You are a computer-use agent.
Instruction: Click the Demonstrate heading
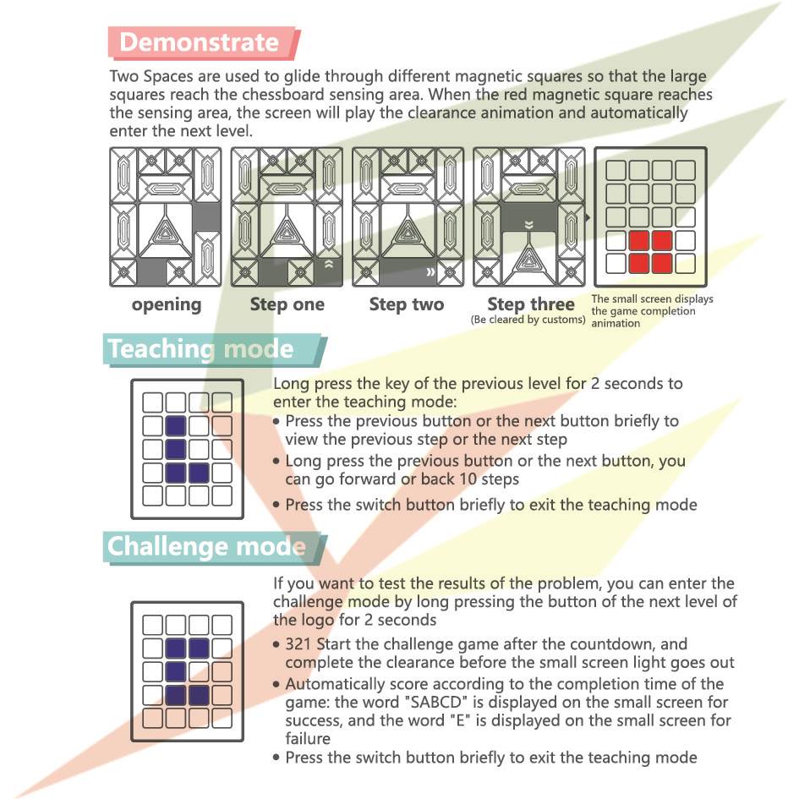coord(200,42)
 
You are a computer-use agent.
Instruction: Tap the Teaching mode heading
coord(200,349)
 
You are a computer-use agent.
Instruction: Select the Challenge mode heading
coord(206,547)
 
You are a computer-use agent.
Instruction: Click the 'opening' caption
coord(166,304)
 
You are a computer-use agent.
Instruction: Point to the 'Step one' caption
coord(287,304)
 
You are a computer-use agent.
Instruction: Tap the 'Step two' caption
coord(406,304)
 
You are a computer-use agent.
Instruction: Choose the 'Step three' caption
coord(530,304)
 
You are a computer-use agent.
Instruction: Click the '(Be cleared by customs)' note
coord(528,320)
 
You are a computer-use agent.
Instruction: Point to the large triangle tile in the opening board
coord(165,230)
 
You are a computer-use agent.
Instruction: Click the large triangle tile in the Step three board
coord(529,258)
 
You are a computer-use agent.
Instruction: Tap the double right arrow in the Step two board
coord(430,271)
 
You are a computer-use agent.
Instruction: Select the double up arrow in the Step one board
coord(329,264)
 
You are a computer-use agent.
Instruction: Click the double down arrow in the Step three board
coord(529,225)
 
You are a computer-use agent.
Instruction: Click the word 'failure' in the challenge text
coord(308,738)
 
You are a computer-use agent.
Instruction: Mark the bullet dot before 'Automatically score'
coord(276,684)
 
